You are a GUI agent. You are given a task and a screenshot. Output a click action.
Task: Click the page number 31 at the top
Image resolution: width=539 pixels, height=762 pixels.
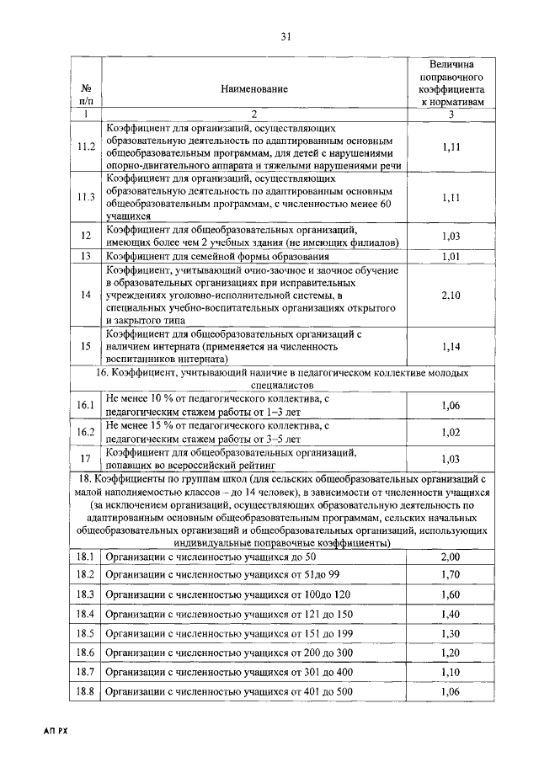(285, 36)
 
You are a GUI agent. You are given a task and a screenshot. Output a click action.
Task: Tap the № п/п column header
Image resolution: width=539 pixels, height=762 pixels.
(85, 93)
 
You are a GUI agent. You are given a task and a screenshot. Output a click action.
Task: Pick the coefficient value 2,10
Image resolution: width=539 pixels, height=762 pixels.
(452, 296)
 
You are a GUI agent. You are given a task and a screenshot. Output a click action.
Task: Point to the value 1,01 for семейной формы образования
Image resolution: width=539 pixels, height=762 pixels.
(452, 256)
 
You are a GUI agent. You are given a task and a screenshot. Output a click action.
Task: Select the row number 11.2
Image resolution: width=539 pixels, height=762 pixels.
(85, 147)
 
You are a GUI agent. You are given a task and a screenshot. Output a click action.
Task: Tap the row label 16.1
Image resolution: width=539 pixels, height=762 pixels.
(85, 406)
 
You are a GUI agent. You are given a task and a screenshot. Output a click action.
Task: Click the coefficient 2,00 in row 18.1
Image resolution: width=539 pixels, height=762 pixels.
(452, 557)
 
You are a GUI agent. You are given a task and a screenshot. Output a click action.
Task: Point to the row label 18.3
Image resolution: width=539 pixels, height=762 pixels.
(85, 594)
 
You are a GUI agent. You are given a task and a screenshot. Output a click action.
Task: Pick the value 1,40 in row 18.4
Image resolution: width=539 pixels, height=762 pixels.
(452, 614)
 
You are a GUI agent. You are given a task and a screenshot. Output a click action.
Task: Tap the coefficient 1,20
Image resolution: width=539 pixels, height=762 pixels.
(452, 653)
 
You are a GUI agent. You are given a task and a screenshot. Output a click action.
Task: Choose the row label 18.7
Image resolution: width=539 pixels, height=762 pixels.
(85, 672)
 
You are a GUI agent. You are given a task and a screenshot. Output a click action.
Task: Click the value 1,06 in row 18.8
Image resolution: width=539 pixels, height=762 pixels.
(452, 692)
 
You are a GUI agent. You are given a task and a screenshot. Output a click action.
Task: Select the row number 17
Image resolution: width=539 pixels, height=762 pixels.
(85, 458)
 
